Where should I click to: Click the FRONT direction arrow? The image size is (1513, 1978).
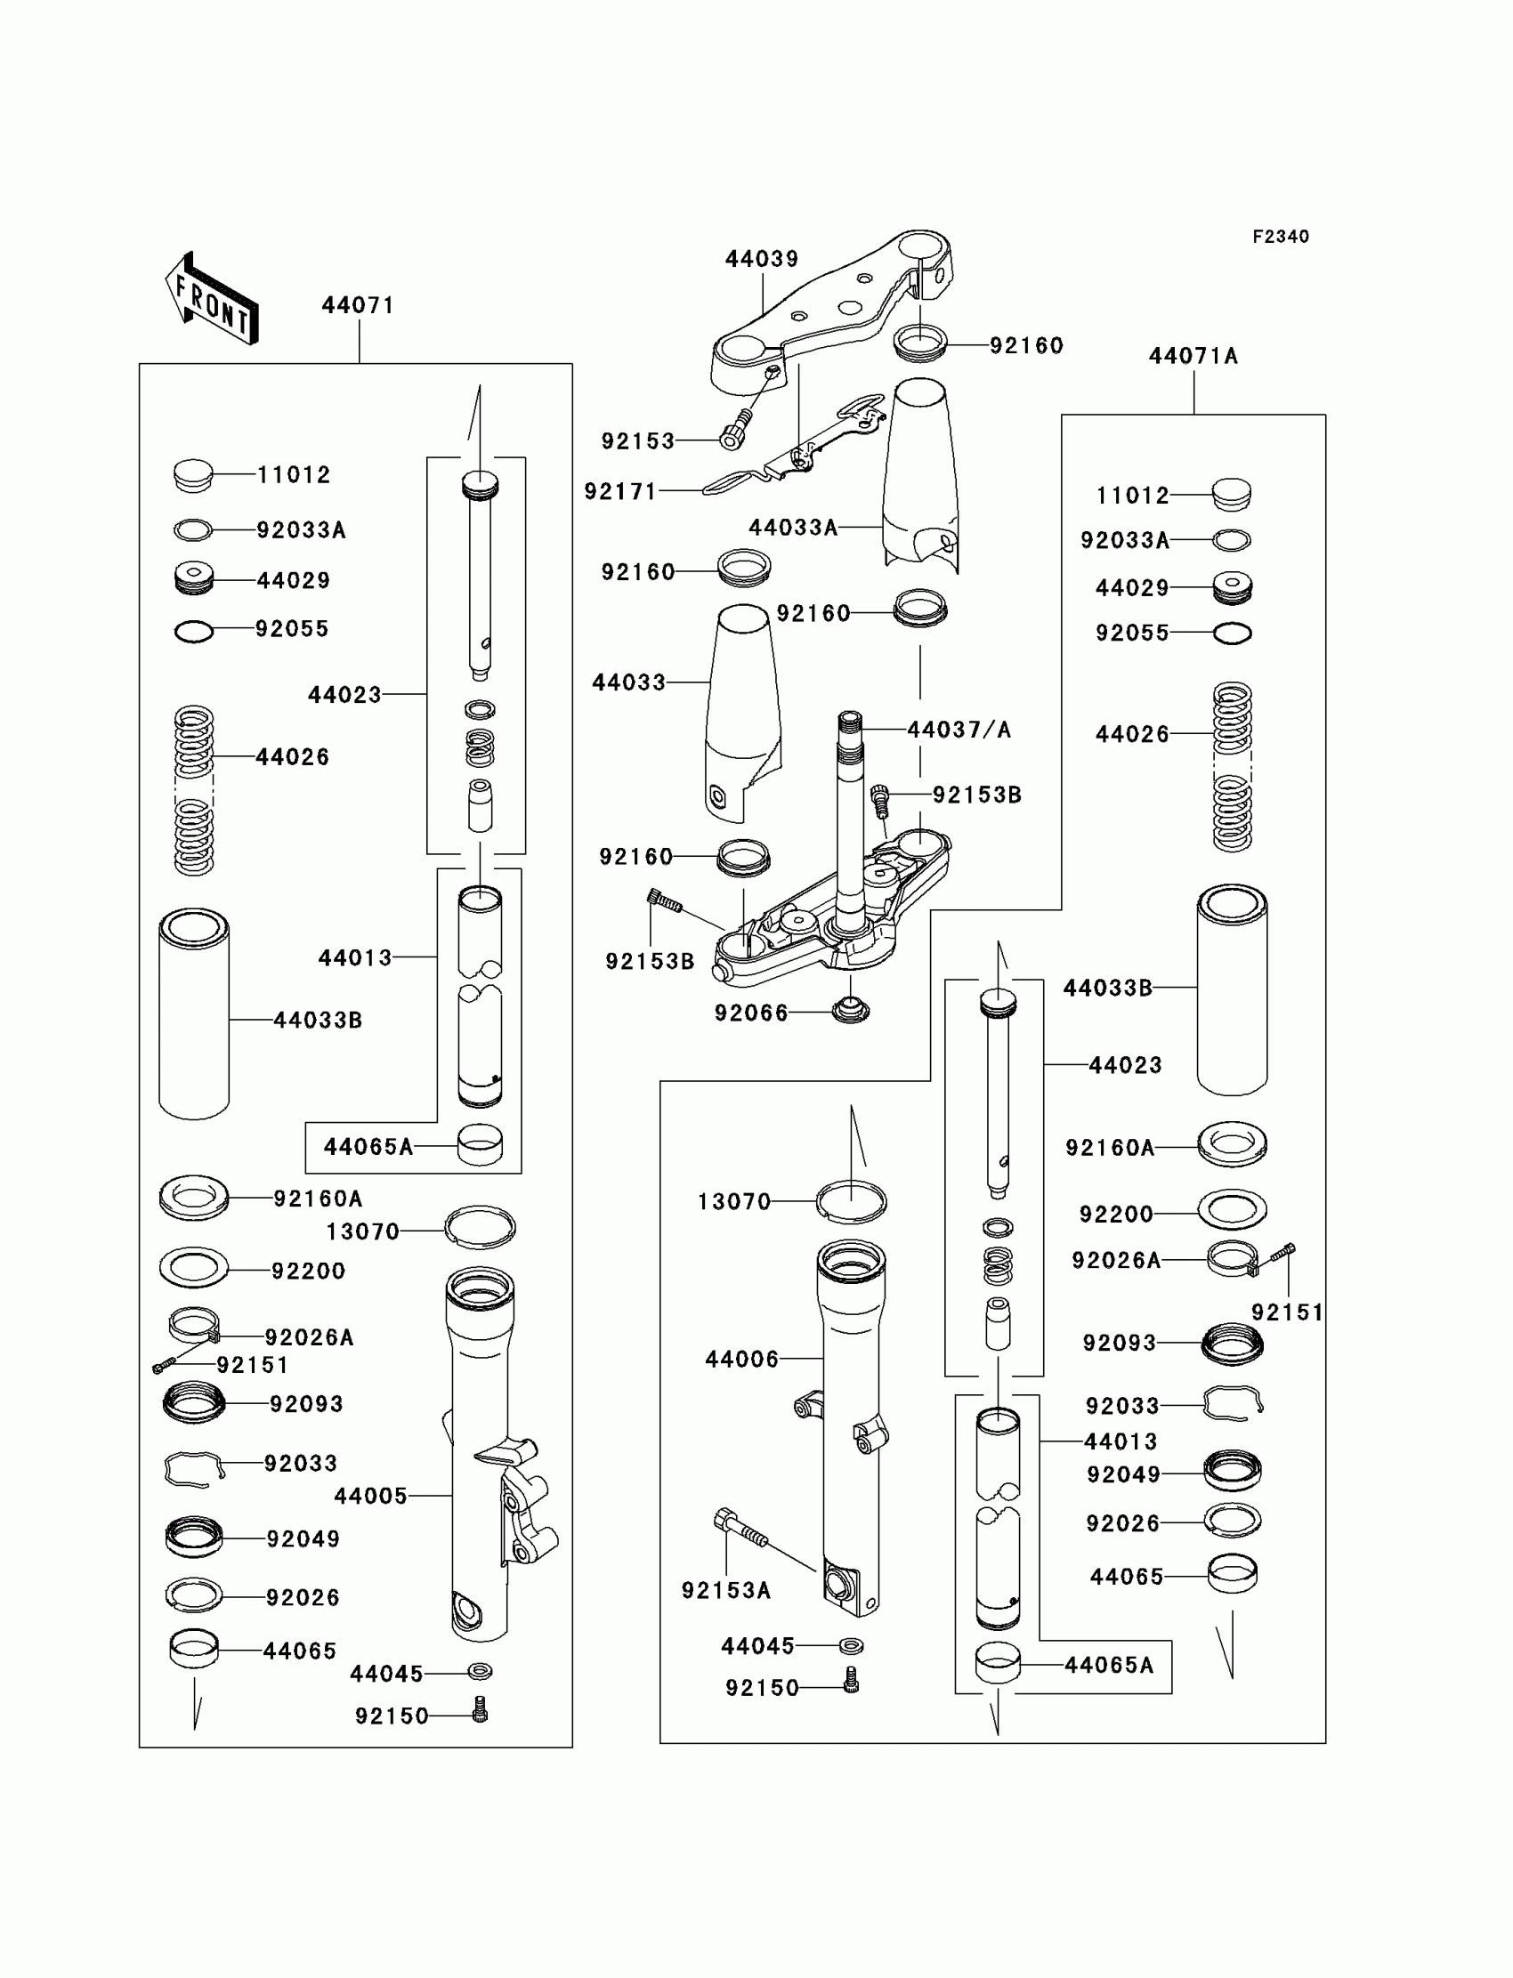(x=213, y=299)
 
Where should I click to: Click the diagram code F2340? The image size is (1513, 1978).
(x=1281, y=237)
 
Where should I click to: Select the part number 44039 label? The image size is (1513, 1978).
(x=762, y=259)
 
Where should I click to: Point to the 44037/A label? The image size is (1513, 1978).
(x=959, y=730)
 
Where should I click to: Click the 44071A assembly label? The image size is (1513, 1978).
(x=1193, y=357)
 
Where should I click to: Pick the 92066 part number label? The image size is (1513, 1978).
(x=751, y=1013)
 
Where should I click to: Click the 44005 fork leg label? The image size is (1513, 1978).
(x=370, y=1496)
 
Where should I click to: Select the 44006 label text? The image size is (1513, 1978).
(x=741, y=1359)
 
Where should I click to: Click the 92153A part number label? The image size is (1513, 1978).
(x=726, y=1591)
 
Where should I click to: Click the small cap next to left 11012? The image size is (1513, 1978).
(x=193, y=475)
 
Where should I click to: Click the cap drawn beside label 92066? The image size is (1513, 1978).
(x=850, y=1010)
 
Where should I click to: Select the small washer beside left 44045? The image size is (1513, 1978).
(x=480, y=1672)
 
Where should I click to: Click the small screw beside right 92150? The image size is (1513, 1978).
(x=850, y=1680)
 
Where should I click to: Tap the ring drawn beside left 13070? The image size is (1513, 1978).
(x=480, y=1227)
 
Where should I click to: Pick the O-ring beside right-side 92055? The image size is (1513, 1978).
(x=1232, y=633)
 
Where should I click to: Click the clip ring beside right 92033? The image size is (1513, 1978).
(x=1233, y=1402)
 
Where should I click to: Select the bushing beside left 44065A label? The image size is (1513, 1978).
(x=480, y=1145)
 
